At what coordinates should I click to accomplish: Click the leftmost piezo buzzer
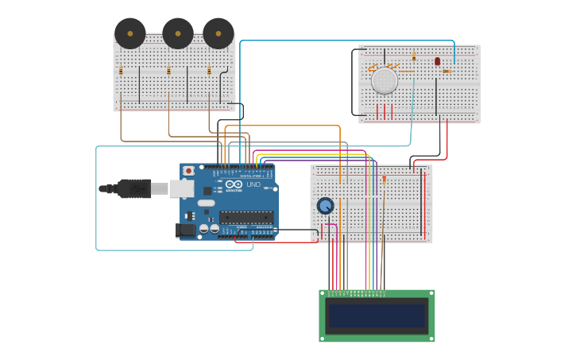tap(130, 33)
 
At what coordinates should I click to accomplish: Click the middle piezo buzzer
tap(178, 33)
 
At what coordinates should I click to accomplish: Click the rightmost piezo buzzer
tap(218, 33)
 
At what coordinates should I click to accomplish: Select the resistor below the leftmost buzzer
tap(121, 71)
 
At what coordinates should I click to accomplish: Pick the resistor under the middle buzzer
tap(168, 71)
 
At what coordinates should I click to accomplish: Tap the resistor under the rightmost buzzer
tap(209, 71)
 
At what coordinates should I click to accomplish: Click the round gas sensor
tap(385, 80)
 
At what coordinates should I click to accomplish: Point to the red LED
tap(437, 61)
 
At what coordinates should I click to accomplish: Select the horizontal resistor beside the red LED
tap(446, 72)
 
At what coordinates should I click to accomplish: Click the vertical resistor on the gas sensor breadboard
tap(414, 57)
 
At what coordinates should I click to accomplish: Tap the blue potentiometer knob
tap(325, 206)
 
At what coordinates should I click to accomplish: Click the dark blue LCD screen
tap(377, 315)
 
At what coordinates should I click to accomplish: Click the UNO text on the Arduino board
tap(253, 184)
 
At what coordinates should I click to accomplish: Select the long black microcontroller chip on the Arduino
tap(246, 216)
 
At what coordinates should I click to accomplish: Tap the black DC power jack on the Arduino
tap(185, 230)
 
